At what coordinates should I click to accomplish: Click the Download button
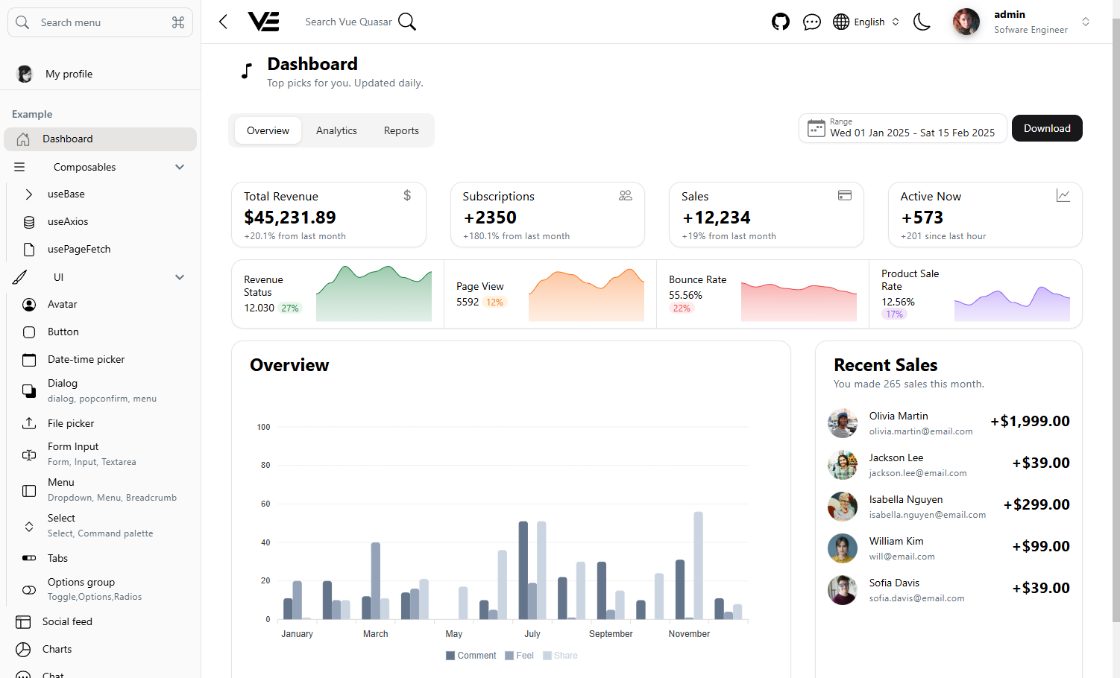coord(1046,128)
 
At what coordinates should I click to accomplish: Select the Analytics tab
coord(336,130)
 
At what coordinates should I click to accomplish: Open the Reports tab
coord(401,130)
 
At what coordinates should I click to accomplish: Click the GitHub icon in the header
coord(780,22)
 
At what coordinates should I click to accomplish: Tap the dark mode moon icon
coord(922,22)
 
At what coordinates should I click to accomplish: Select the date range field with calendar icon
coord(902,128)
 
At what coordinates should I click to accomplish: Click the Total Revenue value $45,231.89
coord(290,218)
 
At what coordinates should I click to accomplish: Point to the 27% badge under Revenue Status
coord(290,308)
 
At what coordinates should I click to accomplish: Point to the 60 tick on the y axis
coord(265,504)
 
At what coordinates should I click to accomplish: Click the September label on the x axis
coord(610,634)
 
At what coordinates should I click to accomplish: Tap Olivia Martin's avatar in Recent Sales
coord(843,423)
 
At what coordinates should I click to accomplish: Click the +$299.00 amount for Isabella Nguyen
coord(1036,504)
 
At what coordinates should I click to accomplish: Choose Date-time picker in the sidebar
coord(86,359)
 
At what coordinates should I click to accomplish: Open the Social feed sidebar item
coord(67,621)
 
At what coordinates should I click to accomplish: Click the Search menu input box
coord(100,22)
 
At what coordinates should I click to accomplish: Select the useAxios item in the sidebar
coord(68,221)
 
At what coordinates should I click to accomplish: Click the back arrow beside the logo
coord(223,22)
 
